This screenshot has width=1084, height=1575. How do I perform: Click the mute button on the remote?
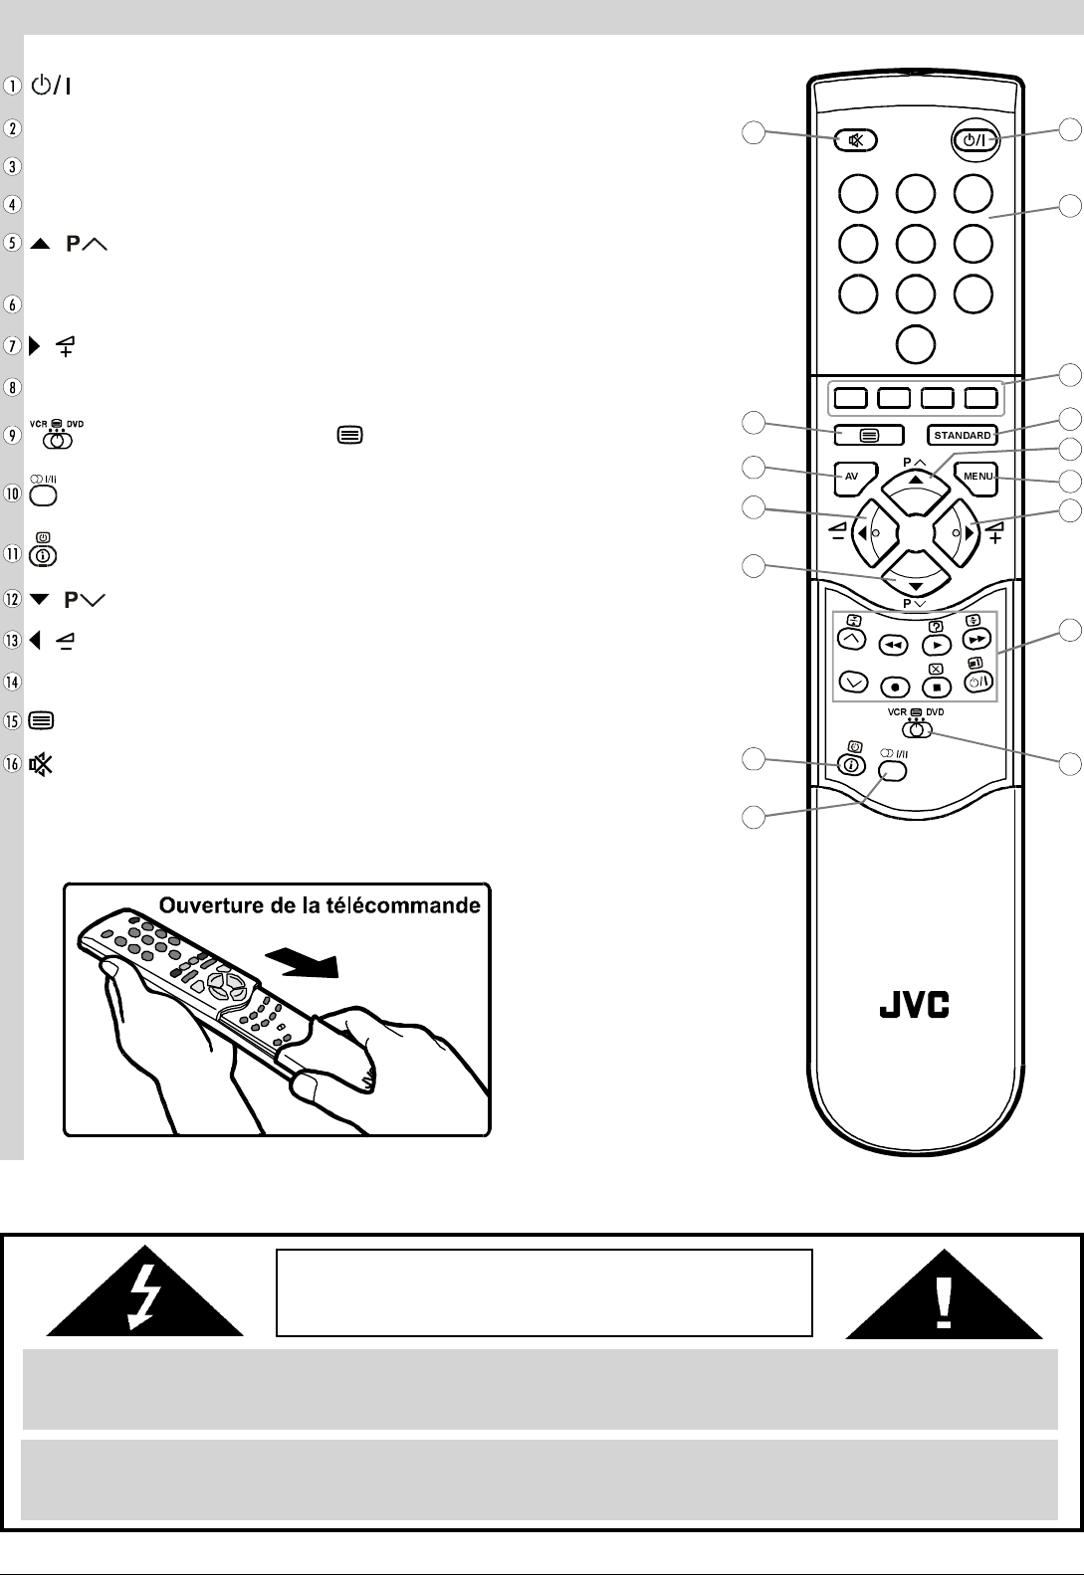coord(856,140)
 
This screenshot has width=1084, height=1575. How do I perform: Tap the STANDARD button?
coord(963,435)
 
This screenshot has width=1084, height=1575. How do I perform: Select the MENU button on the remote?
coord(977,476)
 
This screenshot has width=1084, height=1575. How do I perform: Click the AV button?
coord(851,476)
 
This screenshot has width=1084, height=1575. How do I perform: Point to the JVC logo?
coord(914,1006)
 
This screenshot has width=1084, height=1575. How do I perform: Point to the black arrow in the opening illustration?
coord(303,962)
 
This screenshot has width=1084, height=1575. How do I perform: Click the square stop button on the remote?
coord(936,687)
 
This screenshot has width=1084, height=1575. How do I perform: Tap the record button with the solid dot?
coord(895,687)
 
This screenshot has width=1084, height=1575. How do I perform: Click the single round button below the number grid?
coord(915,343)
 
